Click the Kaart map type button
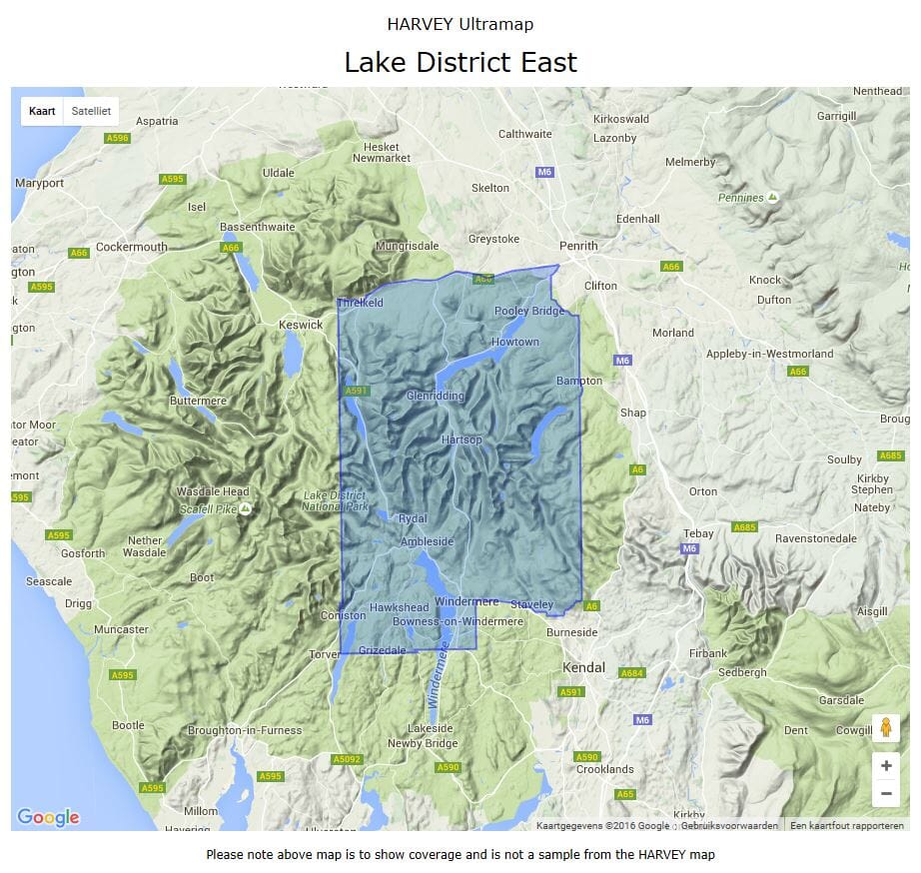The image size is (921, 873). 42,111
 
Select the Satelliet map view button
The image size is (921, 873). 91,111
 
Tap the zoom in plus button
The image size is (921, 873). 885,766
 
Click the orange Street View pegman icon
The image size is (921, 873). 885,728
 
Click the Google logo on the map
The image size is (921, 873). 48,817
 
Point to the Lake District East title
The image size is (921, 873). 460,62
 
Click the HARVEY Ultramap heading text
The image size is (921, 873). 460,23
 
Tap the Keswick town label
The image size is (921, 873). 301,325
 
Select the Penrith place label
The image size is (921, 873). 578,246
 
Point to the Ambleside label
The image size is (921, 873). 427,541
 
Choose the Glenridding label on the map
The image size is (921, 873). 436,396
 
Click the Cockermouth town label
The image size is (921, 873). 132,247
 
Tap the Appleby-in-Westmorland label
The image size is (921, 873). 769,354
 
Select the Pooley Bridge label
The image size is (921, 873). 529,311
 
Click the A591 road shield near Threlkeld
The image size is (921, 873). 357,391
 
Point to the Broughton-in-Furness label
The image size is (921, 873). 245,730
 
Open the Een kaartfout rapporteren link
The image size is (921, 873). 846,825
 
